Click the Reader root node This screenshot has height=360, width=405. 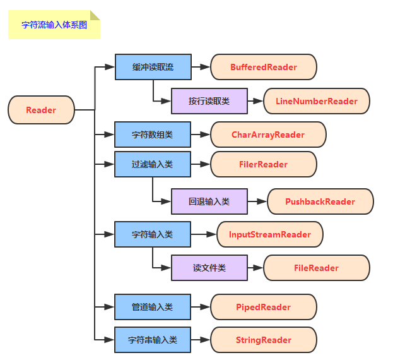tap(41, 110)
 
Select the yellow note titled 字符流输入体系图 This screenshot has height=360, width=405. tap(54, 25)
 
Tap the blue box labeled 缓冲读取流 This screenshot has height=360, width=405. tap(152, 67)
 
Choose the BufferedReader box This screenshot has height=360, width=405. tap(263, 67)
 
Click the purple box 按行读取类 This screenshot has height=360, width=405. tap(209, 101)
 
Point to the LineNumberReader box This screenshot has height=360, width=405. tap(316, 101)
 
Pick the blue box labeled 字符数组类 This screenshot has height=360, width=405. tap(152, 135)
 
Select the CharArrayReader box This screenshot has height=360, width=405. tap(267, 135)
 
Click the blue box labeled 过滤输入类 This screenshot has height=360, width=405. tap(152, 164)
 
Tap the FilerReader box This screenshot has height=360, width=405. tap(263, 164)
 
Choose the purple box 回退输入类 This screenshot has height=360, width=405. tap(209, 201)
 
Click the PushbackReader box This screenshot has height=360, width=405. tap(320, 201)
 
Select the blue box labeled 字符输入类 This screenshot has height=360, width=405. tap(152, 234)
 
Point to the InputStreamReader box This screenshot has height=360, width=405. tap(269, 234)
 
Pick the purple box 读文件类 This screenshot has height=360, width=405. tap(209, 268)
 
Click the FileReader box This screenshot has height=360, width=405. tap(316, 268)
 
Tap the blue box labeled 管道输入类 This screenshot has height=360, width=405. tap(152, 307)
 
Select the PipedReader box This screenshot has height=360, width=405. tap(263, 307)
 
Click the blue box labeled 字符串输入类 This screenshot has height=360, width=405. tap(152, 340)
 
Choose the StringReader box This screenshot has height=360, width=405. tap(263, 340)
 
